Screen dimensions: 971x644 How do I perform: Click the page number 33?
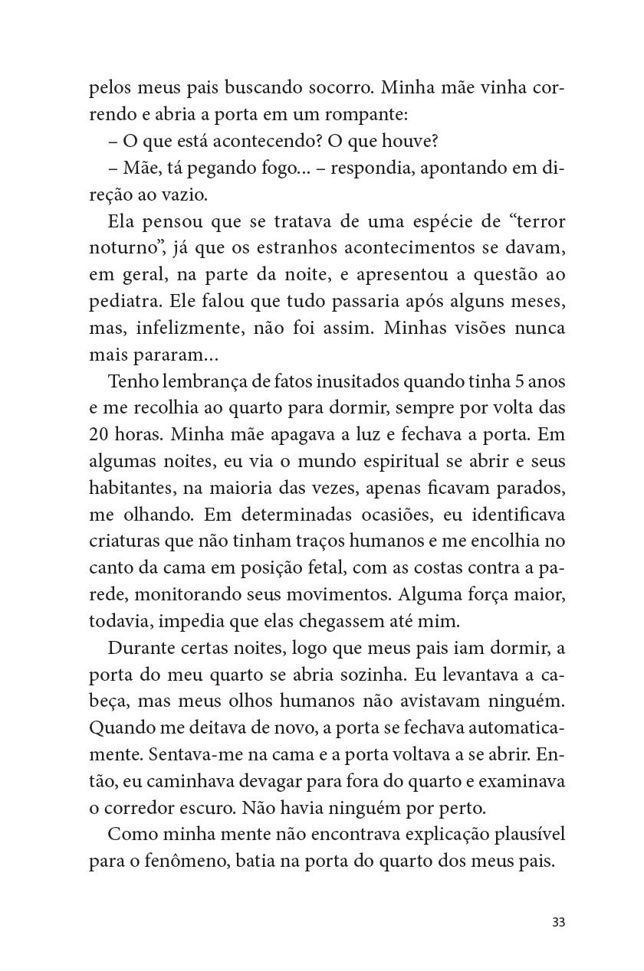point(558,922)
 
